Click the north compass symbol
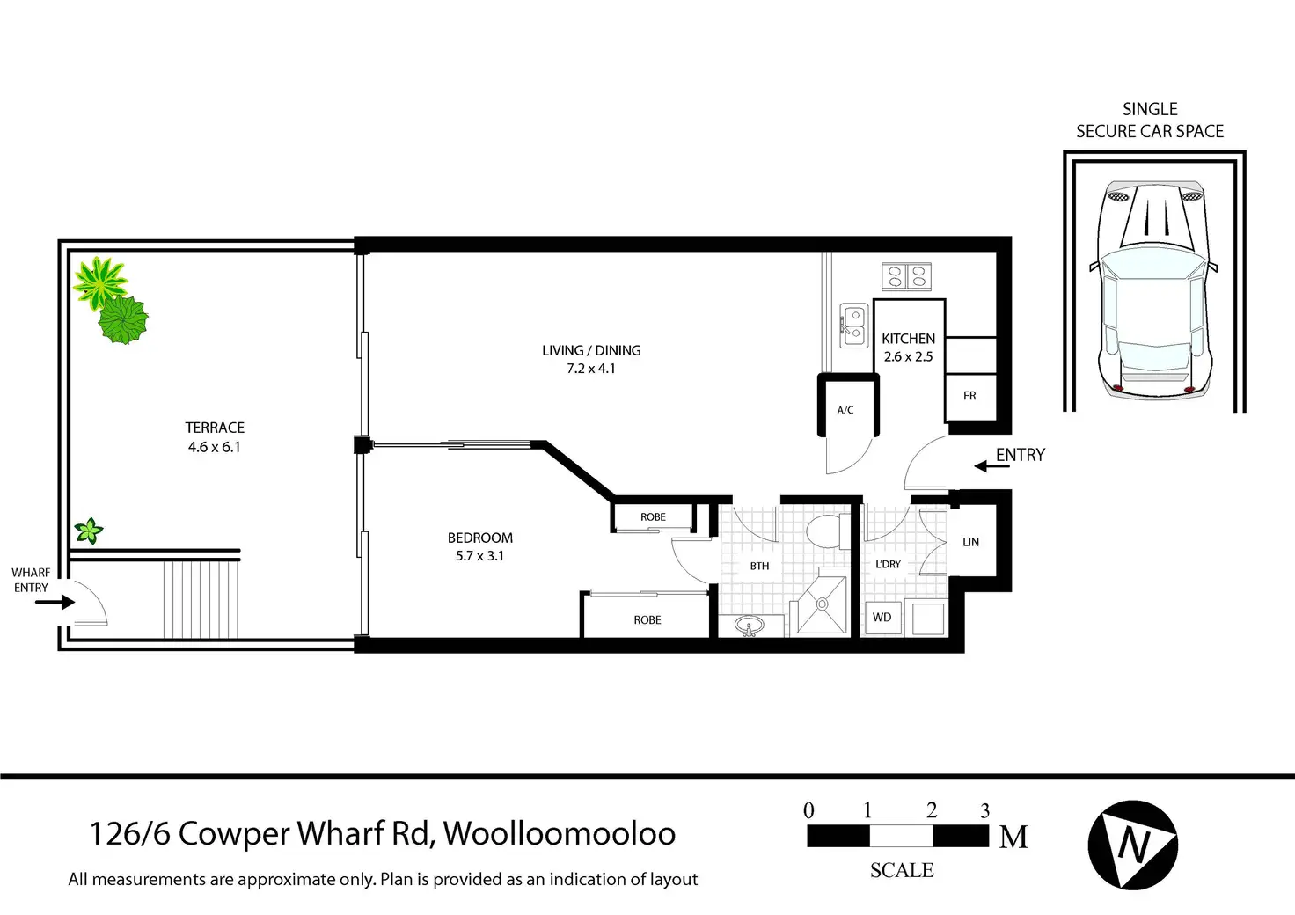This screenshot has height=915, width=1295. pos(1133,845)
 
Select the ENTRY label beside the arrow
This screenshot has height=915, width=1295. pos(1021,455)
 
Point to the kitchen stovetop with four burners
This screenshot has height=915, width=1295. pos(907,276)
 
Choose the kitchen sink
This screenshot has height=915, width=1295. pos(853,323)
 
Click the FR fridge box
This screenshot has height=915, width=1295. pos(970,396)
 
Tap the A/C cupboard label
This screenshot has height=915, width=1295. pos(845,410)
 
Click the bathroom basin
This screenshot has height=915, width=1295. pos(750,626)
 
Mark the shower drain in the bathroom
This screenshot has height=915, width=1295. pos(822,604)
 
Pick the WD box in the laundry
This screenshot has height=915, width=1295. pos(882,618)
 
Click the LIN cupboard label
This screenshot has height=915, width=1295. pos(971,542)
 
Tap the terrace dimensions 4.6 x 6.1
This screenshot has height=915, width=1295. pos(214,447)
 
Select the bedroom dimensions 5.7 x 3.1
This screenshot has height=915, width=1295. pos(479,556)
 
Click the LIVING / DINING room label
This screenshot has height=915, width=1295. pos(591,350)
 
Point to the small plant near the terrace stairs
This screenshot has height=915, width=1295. pos(88,531)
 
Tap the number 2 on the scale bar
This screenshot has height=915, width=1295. pos(932,810)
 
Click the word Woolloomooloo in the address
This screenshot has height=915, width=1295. pos(560,833)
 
